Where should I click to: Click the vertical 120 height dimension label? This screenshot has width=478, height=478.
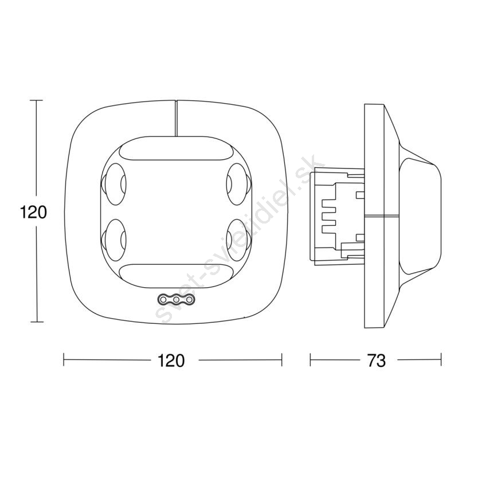(34, 212)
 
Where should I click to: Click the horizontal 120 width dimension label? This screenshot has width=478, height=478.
(171, 361)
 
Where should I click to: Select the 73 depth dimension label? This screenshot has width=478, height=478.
(377, 361)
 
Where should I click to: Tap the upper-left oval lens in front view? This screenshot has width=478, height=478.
(113, 184)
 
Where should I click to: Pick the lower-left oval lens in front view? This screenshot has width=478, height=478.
(113, 240)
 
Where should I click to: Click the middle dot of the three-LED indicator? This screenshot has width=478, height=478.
(176, 300)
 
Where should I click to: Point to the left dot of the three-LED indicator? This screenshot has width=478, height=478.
(163, 300)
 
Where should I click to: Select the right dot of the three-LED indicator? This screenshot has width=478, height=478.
(189, 300)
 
